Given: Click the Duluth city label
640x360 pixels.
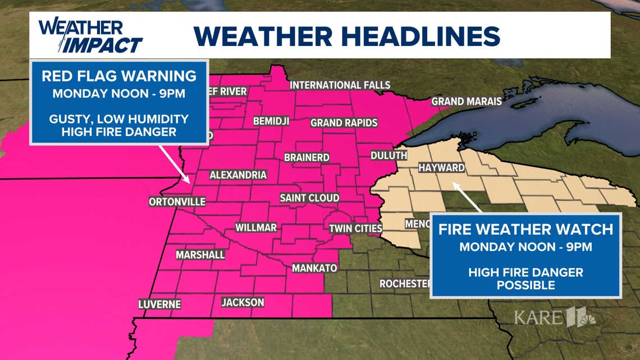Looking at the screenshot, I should pos(389,156).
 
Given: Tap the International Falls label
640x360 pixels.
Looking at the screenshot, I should pos(340,85).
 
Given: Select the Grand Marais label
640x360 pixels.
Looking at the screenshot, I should pos(466,102).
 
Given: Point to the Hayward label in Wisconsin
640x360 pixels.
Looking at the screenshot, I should pos(442,168).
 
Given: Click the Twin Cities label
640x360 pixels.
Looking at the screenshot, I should pos(355,229).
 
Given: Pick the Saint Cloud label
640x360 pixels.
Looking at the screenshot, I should pos(310,198).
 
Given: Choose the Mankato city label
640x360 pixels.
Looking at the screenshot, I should pos(314,268).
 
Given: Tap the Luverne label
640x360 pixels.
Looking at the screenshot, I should pos(160,304).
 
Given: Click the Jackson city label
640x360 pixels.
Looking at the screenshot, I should pos(243,302).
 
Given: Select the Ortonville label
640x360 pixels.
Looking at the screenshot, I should pos(177,202).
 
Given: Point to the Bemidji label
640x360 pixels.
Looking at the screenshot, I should pos(271,121).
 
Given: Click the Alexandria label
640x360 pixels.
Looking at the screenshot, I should pos(238,175).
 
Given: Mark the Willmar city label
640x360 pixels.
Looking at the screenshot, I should pos(255,227).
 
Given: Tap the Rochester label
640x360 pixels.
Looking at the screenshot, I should pos(405,284).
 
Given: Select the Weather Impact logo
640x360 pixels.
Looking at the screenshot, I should pos(90,36).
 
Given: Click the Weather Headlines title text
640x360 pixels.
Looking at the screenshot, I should pos(346,37).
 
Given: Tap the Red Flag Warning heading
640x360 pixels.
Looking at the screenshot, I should pos(119,76).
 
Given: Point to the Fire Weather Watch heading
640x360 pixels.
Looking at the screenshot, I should pos(525,229).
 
